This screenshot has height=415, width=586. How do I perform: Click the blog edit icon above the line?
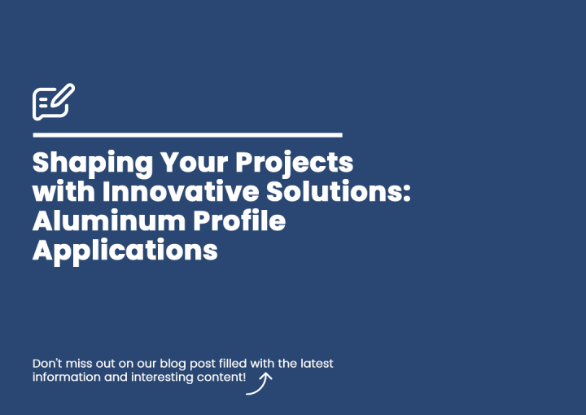click(54, 102)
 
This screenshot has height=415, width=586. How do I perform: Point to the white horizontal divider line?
click(188, 135)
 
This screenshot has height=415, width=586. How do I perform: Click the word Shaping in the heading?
click(93, 164)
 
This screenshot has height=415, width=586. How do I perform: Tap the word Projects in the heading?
click(294, 164)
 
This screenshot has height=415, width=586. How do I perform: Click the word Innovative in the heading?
click(181, 191)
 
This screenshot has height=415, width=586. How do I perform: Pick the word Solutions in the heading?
click(334, 191)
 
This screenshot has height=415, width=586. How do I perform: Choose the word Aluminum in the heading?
click(109, 221)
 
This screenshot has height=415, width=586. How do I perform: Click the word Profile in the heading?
click(239, 221)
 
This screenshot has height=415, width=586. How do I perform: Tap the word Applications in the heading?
click(125, 251)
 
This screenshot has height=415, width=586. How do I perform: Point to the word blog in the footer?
click(173, 365)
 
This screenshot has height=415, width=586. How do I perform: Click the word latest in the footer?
click(317, 364)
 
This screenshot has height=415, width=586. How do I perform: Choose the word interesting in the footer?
click(162, 378)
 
